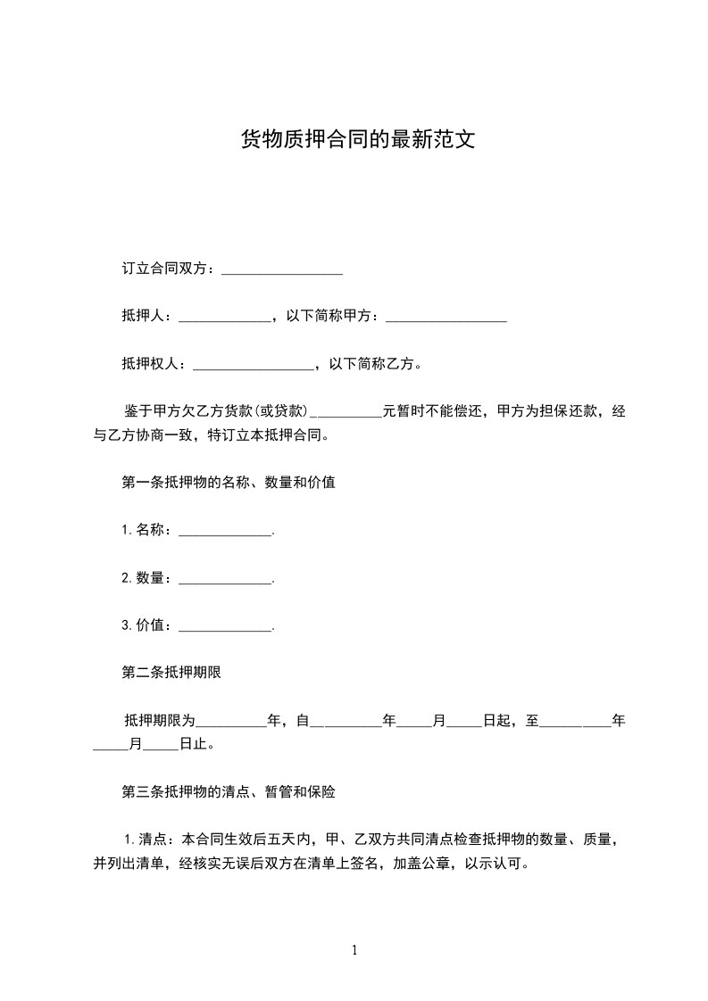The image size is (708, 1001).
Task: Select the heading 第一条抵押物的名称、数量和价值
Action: (x=228, y=483)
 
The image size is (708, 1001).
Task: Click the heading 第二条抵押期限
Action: (x=171, y=673)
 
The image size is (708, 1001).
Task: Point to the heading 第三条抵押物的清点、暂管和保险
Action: (x=228, y=790)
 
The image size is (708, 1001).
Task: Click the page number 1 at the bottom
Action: (x=354, y=950)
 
